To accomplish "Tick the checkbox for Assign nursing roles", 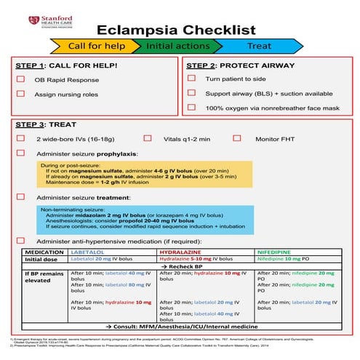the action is click(x=21, y=94).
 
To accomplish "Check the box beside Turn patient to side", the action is click(x=191, y=78).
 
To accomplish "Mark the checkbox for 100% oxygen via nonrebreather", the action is click(x=191, y=107).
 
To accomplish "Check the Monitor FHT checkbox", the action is click(x=238, y=137).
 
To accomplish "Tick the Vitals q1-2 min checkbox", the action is click(x=148, y=137).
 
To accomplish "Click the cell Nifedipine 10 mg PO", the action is click(x=284, y=258).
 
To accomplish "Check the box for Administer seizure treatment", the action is click(x=21, y=197).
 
